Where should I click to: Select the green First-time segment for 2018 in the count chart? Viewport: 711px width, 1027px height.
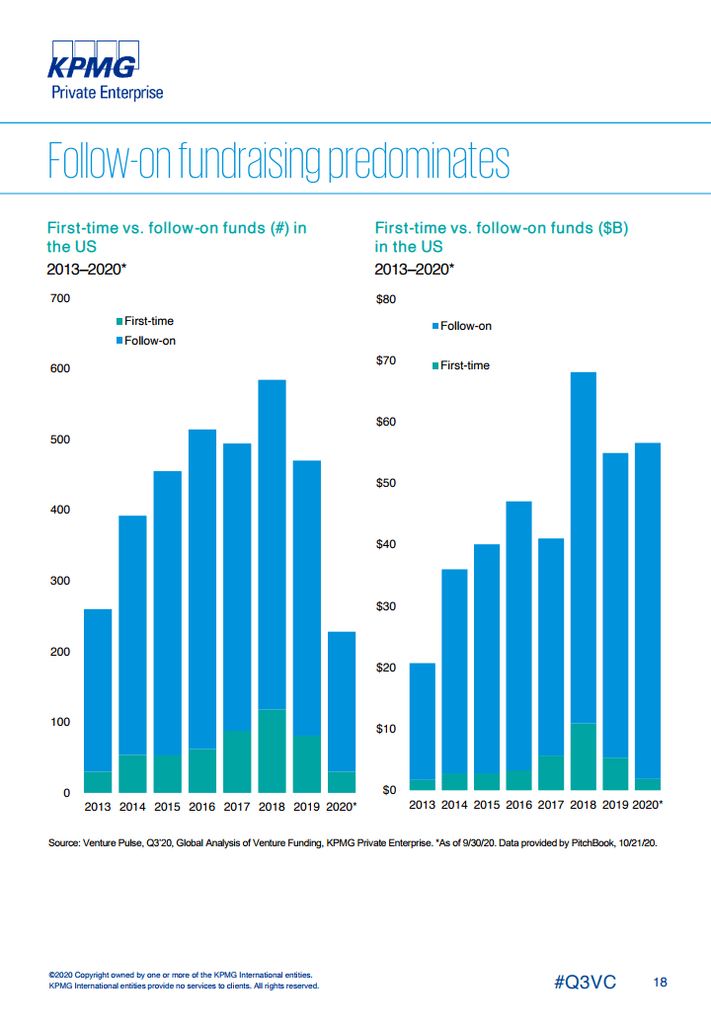[x=272, y=750]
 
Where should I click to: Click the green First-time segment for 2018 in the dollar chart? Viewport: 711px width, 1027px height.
[x=583, y=756]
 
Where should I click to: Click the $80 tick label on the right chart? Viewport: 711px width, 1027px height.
[x=386, y=299]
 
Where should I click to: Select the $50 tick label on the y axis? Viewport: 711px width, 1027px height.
[x=386, y=484]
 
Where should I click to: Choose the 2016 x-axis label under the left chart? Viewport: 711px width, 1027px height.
[x=202, y=807]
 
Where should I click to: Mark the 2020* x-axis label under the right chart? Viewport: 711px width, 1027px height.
[x=647, y=805]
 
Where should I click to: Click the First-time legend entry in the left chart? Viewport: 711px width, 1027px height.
[x=148, y=321]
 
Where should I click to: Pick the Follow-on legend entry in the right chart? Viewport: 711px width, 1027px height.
[x=465, y=326]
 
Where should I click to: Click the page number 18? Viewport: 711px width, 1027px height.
[x=661, y=983]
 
